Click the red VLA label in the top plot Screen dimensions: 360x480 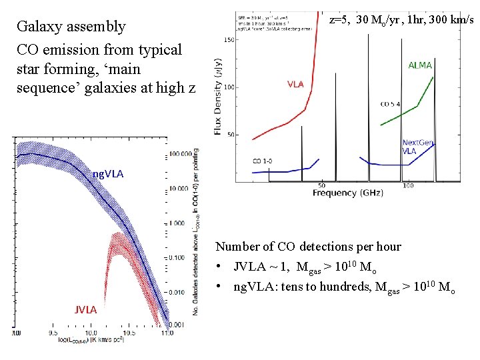[295, 85]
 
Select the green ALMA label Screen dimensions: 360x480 [420, 65]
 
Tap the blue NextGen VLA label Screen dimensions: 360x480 [418, 147]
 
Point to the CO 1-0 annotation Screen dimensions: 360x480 [266, 161]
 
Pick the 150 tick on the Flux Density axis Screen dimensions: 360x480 [229, 40]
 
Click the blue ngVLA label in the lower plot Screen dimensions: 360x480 [108, 175]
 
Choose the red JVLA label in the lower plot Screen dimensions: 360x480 [85, 309]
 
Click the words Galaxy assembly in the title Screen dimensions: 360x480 [71, 27]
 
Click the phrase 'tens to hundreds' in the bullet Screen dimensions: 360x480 [316, 287]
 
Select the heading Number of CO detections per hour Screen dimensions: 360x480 [308, 247]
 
